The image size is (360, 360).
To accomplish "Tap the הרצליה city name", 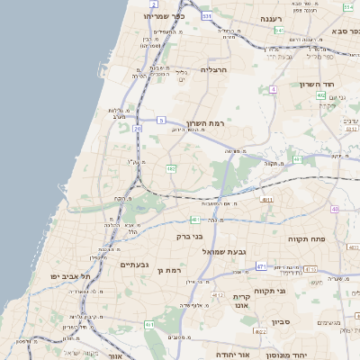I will [216, 69].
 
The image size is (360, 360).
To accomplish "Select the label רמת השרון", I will [204, 122].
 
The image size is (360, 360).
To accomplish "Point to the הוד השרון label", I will [317, 84].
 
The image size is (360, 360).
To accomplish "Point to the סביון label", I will [279, 322].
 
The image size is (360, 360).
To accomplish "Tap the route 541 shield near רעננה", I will [279, 30].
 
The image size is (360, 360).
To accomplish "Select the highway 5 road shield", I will [161, 120].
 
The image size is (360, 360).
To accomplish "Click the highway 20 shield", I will [138, 129].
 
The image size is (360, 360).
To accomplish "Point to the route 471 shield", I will [261, 266].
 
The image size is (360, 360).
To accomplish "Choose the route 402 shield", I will [321, 94].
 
